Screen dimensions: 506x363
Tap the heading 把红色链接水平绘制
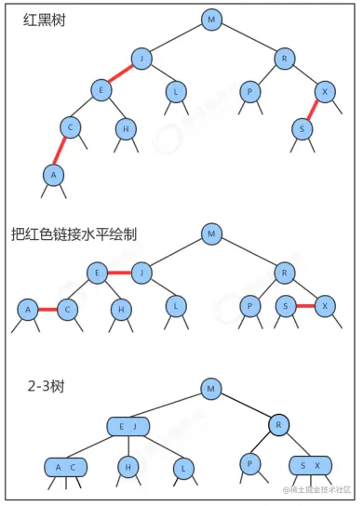tap(74, 234)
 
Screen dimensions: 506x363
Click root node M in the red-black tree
tap(211, 20)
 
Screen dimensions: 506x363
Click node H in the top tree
tap(126, 128)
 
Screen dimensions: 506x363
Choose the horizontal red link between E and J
tap(117, 273)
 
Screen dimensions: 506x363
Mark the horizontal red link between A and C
tap(47, 309)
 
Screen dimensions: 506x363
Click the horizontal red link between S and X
tap(305, 305)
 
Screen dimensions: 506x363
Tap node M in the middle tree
tap(211, 233)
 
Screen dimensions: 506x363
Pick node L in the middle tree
tap(174, 306)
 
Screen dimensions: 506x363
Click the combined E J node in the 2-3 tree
tap(128, 426)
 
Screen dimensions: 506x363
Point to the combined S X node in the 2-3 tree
tap(311, 464)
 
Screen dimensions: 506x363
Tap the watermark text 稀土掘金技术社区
tap(314, 490)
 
